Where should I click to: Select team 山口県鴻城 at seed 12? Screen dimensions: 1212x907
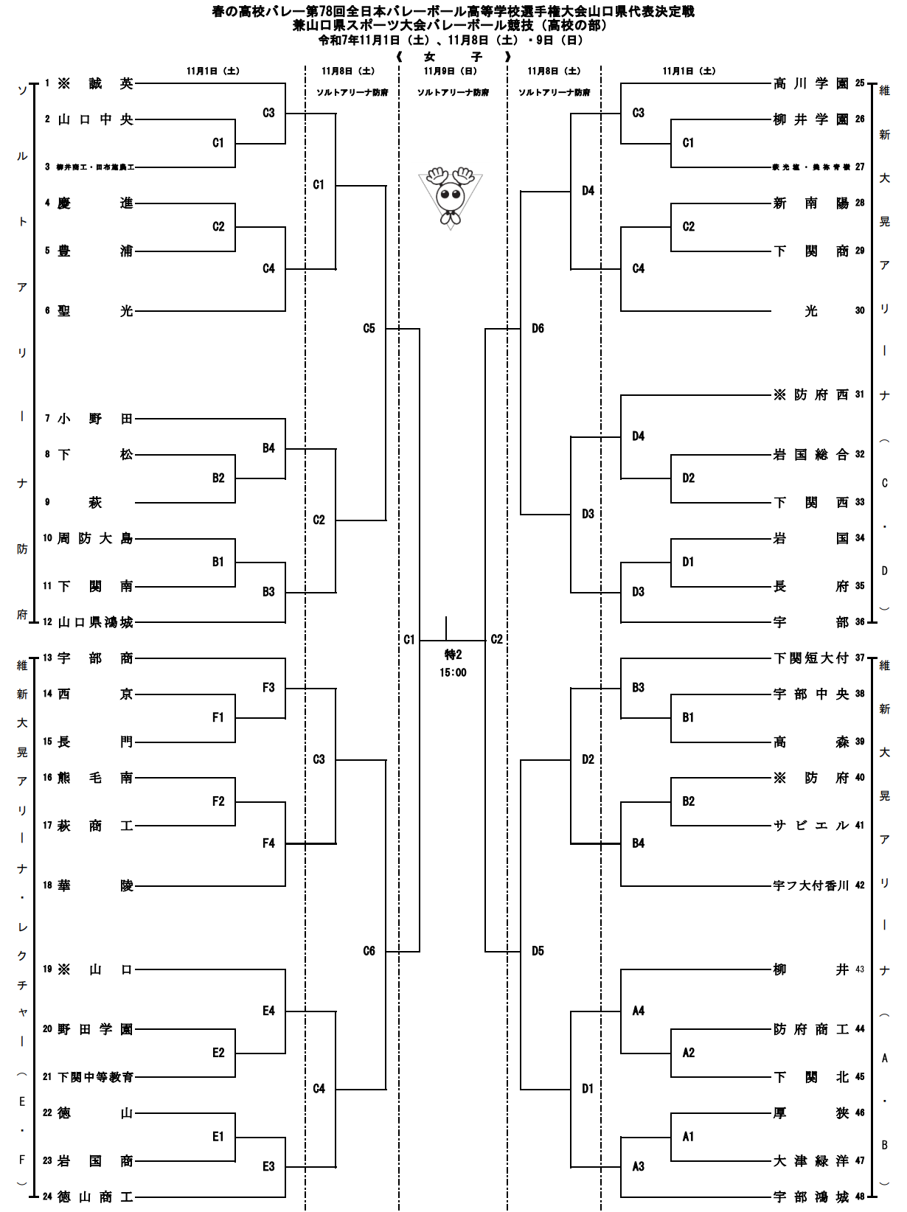pyautogui.click(x=95, y=622)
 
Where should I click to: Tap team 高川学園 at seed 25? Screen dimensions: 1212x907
pyautogui.click(x=810, y=84)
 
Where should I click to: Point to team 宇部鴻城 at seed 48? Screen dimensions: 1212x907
pyautogui.click(x=810, y=1197)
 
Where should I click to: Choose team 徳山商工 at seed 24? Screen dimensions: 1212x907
pyautogui.click(x=95, y=1197)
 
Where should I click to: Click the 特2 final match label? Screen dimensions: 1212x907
pyautogui.click(x=453, y=655)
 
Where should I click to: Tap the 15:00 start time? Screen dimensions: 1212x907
pyautogui.click(x=453, y=672)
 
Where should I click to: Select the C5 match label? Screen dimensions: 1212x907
pyautogui.click(x=369, y=329)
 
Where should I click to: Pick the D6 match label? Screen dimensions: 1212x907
pyautogui.click(x=538, y=329)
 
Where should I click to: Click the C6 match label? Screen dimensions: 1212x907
pyautogui.click(x=369, y=951)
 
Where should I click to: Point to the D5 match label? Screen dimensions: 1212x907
pyautogui.click(x=538, y=951)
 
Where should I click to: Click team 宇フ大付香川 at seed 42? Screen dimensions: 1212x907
pyautogui.click(x=810, y=885)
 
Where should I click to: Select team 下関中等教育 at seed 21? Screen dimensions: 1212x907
pyautogui.click(x=95, y=1077)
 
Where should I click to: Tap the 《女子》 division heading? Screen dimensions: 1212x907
pyautogui.click(x=453, y=57)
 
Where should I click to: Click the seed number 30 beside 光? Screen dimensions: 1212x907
pyautogui.click(x=860, y=311)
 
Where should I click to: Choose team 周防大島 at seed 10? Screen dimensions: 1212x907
pyautogui.click(x=95, y=539)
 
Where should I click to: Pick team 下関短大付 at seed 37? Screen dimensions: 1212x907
pyautogui.click(x=810, y=658)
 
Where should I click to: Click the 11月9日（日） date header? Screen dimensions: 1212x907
pyautogui.click(x=450, y=72)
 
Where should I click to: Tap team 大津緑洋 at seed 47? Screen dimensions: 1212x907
pyautogui.click(x=810, y=1161)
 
